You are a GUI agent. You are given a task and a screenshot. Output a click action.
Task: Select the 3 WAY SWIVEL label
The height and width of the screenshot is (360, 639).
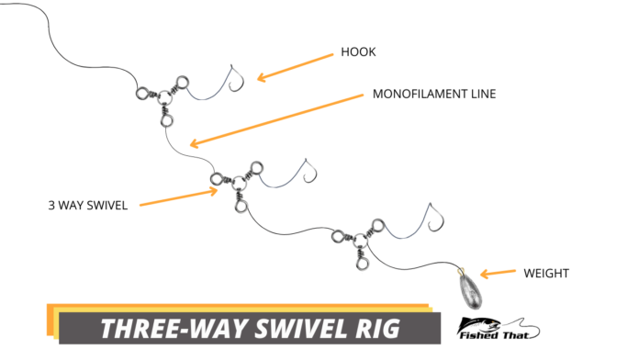click(90, 205)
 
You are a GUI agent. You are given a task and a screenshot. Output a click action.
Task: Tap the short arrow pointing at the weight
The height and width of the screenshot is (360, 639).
click(496, 273)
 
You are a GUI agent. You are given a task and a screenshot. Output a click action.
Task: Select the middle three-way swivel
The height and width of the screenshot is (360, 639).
click(235, 184)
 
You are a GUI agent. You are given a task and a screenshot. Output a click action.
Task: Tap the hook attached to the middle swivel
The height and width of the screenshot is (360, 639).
click(306, 174)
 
